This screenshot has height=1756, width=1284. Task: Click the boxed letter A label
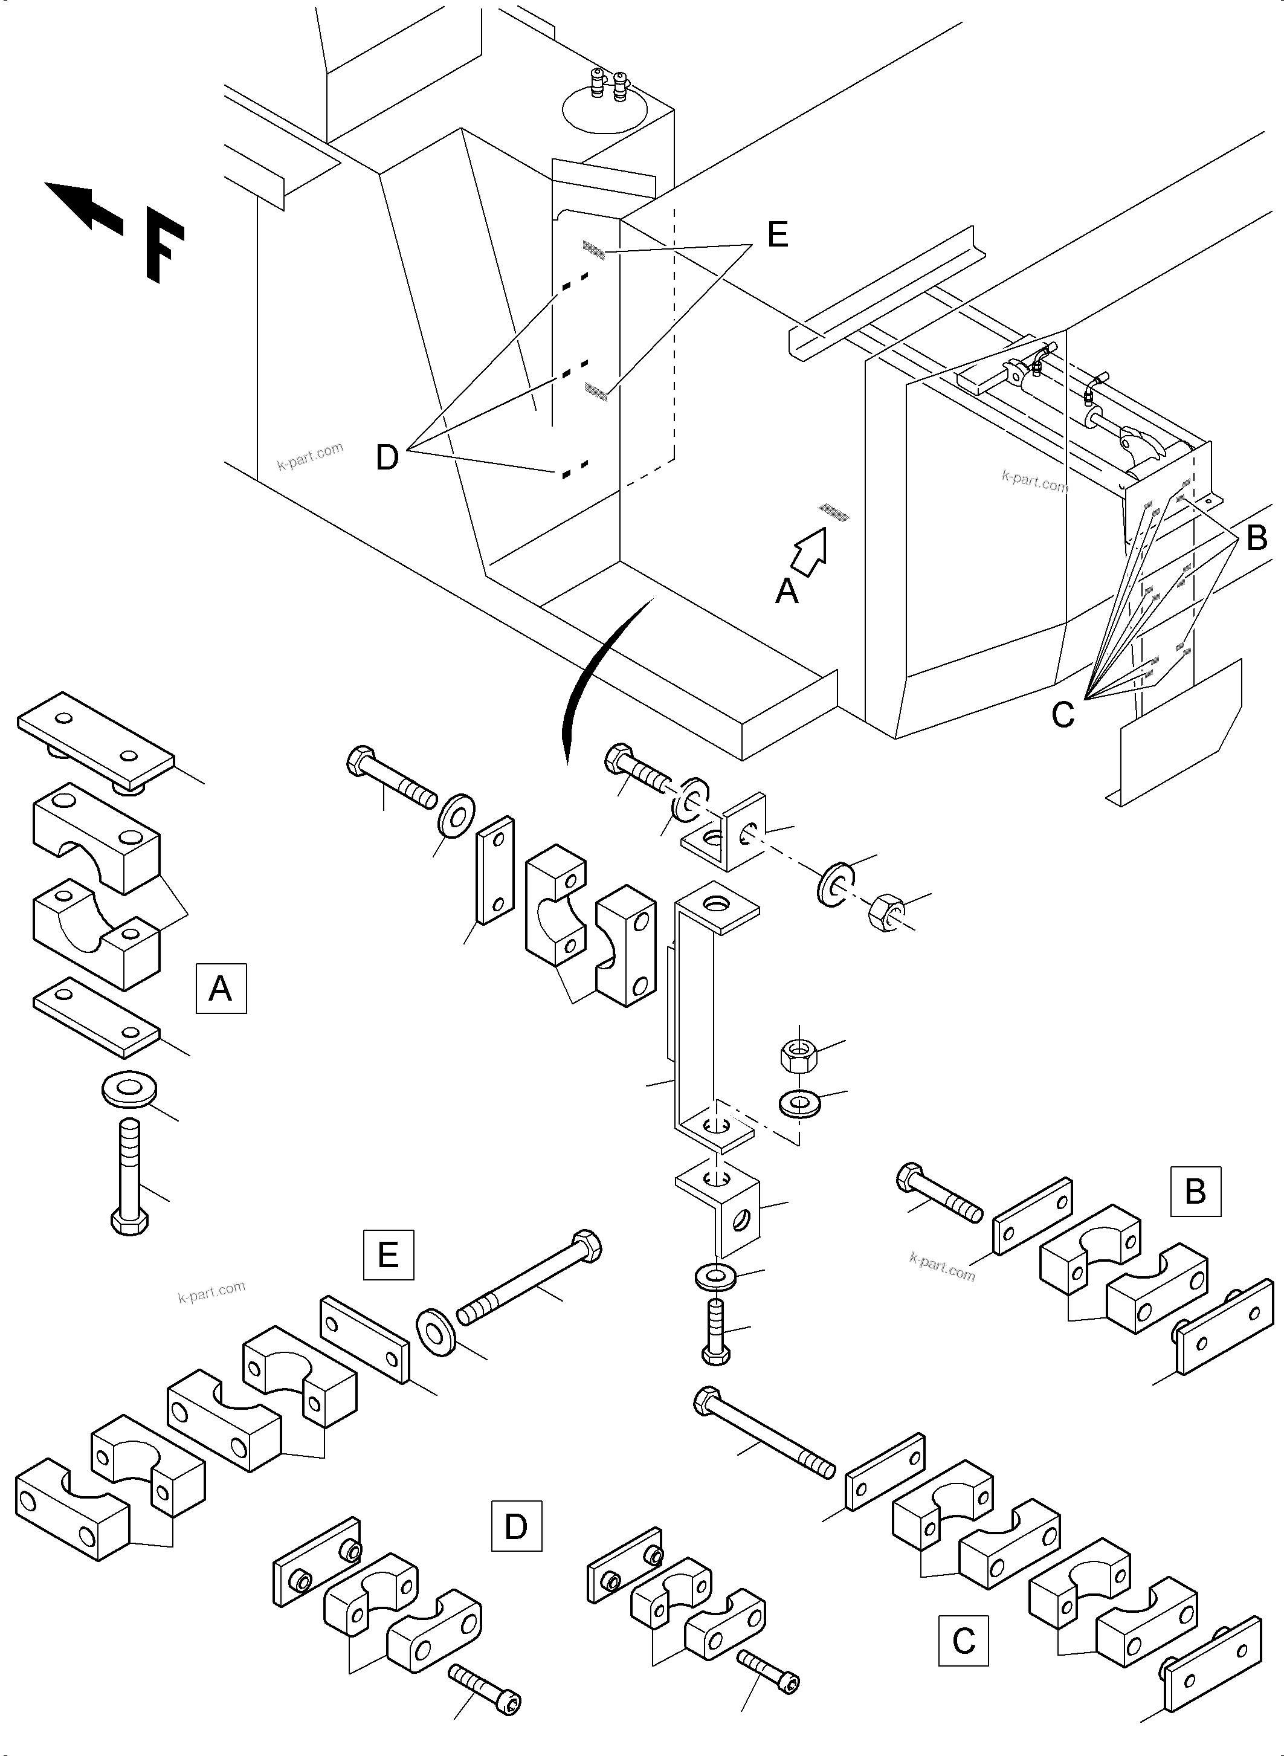pyautogui.click(x=221, y=988)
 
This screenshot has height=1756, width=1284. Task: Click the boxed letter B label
pyautogui.click(x=1195, y=1191)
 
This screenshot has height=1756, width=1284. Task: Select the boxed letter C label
pyautogui.click(x=963, y=1640)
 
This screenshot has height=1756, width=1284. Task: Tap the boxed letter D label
pyautogui.click(x=516, y=1526)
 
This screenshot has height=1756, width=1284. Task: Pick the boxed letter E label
pyautogui.click(x=388, y=1254)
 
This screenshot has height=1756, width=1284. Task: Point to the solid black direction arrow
pyautogui.click(x=82, y=206)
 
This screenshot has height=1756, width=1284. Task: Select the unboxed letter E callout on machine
pyautogui.click(x=777, y=234)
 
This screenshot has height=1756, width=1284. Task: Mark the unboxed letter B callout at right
pyautogui.click(x=1256, y=537)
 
